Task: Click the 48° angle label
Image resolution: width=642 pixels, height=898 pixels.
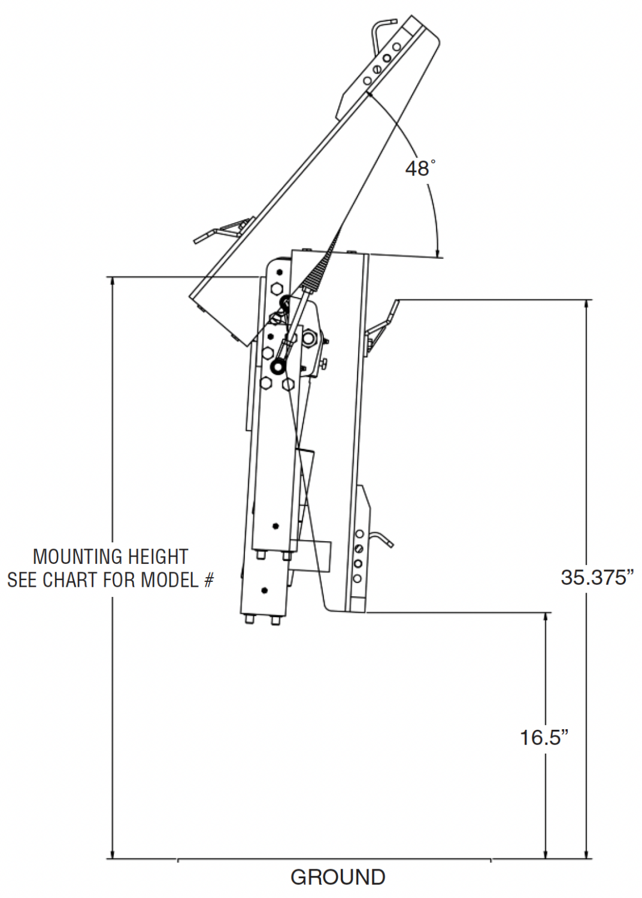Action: (x=419, y=168)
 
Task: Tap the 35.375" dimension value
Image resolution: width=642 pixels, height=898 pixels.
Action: (x=598, y=577)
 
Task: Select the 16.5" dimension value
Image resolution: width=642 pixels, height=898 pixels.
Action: (x=544, y=737)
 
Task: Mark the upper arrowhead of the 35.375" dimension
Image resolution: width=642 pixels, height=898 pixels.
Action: (x=587, y=305)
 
